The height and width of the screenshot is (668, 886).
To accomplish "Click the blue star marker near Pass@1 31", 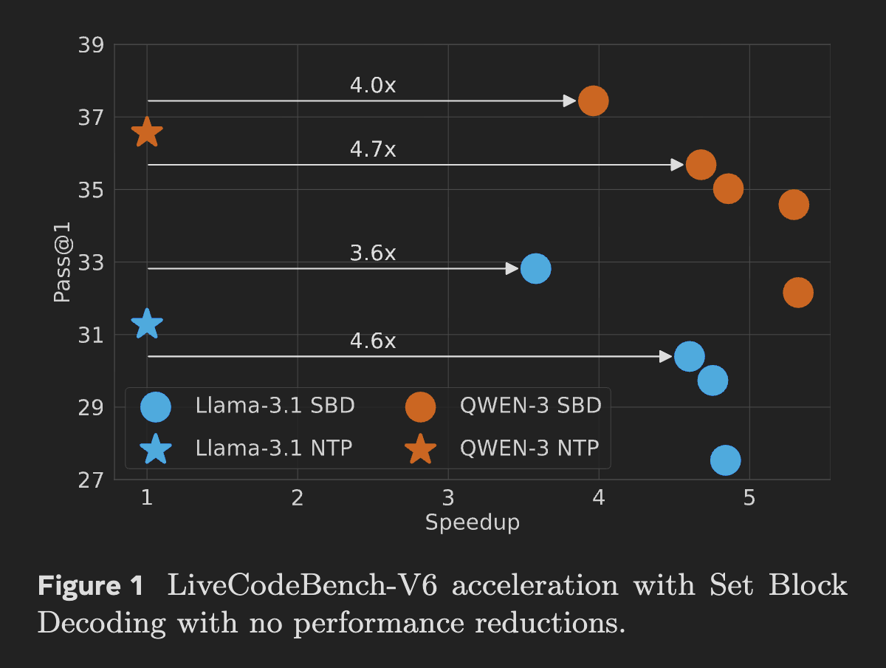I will pyautogui.click(x=147, y=324).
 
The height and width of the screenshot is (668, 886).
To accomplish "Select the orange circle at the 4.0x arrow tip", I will pyautogui.click(x=593, y=100).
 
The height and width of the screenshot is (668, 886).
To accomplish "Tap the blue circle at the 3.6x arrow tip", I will pyautogui.click(x=535, y=268).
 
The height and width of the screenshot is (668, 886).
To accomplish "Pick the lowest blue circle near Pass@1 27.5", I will pyautogui.click(x=725, y=460).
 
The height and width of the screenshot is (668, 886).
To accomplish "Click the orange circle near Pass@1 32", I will pyautogui.click(x=797, y=293).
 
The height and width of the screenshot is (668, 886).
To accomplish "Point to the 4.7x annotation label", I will pyautogui.click(x=373, y=150).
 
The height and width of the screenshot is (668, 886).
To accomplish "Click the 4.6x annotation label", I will pyautogui.click(x=373, y=341).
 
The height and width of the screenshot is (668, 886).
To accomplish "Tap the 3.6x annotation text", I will pyautogui.click(x=373, y=253).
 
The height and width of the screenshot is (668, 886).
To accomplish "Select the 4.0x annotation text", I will pyautogui.click(x=373, y=86).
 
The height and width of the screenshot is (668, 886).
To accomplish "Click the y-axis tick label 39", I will pyautogui.click(x=91, y=45).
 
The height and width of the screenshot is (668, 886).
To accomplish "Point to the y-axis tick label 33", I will pyautogui.click(x=91, y=262).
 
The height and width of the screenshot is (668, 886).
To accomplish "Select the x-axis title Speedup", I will pyautogui.click(x=473, y=522).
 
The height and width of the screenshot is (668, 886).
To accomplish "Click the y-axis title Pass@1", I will pyautogui.click(x=63, y=262).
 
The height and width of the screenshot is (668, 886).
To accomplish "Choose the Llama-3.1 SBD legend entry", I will pyautogui.click(x=275, y=406).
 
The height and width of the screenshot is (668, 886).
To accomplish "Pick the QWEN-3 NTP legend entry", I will pyautogui.click(x=529, y=448).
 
